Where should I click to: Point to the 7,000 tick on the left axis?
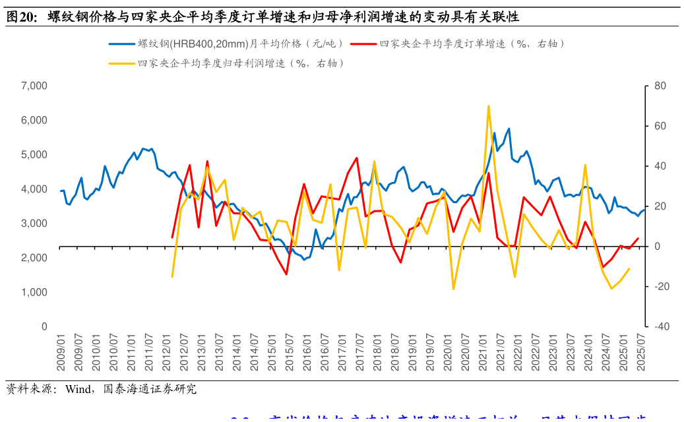click(x=34, y=86)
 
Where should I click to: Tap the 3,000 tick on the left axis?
click(x=34, y=224)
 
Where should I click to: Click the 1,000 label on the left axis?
click(x=34, y=292)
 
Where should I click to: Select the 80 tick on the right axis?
click(x=660, y=86)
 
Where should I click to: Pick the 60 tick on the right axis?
click(x=660, y=126)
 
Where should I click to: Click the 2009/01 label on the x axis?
click(x=61, y=352)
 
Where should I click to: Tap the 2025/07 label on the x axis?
click(x=638, y=352)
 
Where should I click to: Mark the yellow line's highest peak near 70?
click(x=488, y=105)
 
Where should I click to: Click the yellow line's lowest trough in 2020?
click(x=453, y=289)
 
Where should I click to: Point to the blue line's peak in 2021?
click(x=509, y=129)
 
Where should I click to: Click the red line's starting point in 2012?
click(x=172, y=237)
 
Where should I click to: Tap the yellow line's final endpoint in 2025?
click(x=629, y=268)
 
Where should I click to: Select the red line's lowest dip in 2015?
click(x=286, y=274)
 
